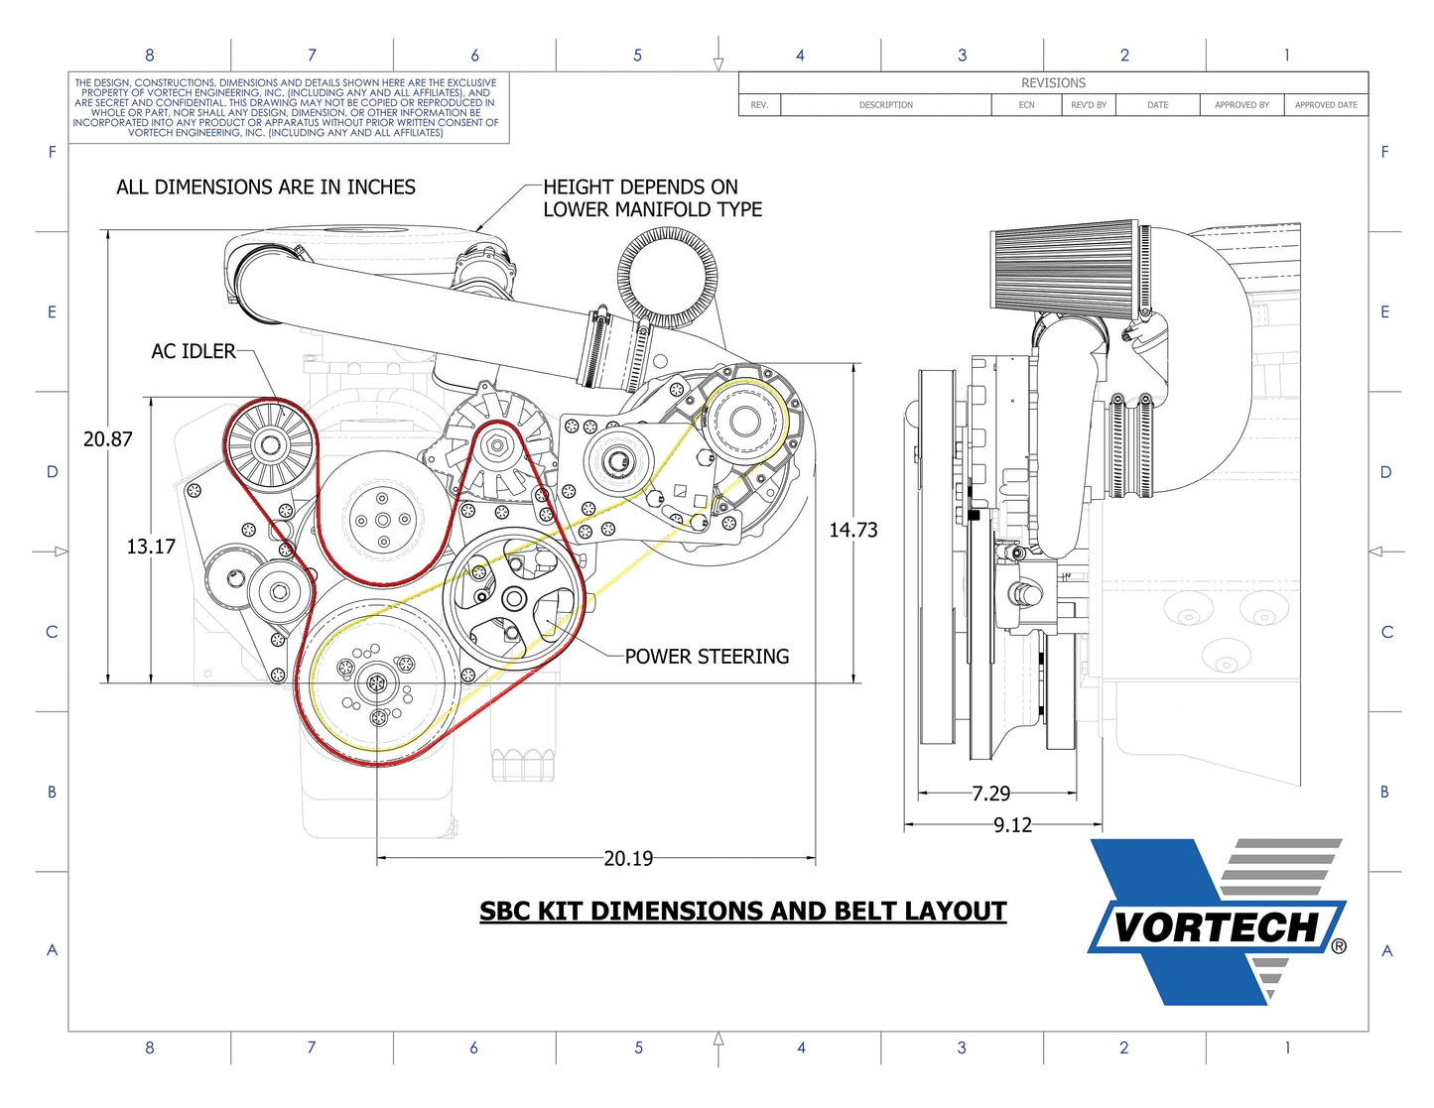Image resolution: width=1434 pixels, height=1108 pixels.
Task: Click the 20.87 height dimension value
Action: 107,438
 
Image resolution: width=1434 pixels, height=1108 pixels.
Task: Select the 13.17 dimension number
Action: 151,547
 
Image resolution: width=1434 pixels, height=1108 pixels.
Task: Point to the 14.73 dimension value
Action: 853,530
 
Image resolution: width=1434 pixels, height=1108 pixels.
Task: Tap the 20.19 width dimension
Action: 628,858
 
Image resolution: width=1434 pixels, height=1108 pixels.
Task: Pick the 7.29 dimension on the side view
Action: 990,793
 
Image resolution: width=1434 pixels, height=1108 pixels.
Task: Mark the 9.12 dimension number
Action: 1012,825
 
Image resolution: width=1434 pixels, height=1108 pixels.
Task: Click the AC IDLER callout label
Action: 194,351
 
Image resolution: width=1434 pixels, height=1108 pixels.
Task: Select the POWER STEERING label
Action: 707,657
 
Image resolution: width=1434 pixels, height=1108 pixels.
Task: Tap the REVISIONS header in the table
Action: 1053,83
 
